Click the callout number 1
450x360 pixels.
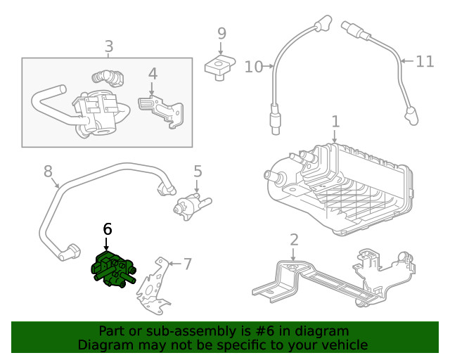(x=335, y=122)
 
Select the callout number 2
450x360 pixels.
(x=294, y=240)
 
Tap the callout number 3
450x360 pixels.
(x=108, y=47)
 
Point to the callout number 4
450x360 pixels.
(x=152, y=73)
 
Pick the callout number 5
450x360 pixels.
(x=198, y=171)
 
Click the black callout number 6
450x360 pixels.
(x=107, y=229)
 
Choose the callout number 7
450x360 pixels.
(x=187, y=264)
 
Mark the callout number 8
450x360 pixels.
(x=48, y=171)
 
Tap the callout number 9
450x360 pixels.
(x=221, y=33)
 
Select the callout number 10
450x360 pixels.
(x=253, y=67)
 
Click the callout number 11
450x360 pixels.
(x=425, y=62)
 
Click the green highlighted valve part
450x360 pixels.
(x=111, y=269)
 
